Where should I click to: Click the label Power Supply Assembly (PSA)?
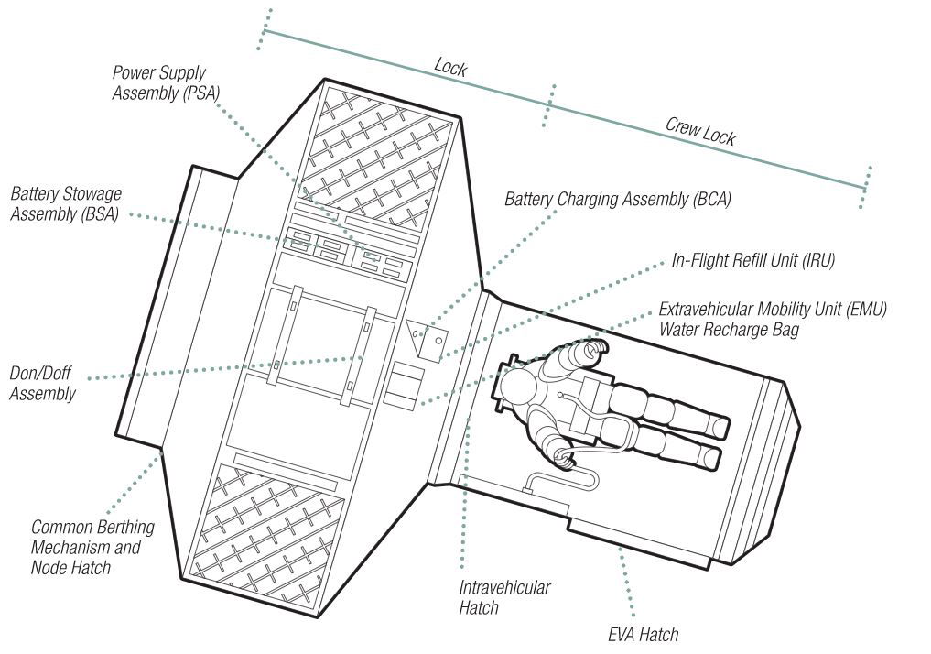point(166,83)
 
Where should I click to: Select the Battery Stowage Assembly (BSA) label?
point(66,203)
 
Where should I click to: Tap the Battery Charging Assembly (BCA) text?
point(618,199)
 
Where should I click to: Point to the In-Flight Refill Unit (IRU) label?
point(752,260)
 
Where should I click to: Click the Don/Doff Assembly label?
point(42,383)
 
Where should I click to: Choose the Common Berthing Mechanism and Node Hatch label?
point(92,547)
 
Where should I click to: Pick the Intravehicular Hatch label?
point(504,597)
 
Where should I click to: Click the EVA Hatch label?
point(643,635)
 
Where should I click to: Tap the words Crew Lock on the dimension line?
point(700,131)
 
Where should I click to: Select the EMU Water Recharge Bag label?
point(773,319)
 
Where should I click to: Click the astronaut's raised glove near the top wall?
point(594,351)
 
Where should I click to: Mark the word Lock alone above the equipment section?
point(450,67)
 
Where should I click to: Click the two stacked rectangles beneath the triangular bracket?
point(403,385)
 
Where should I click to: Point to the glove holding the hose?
point(563,458)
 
